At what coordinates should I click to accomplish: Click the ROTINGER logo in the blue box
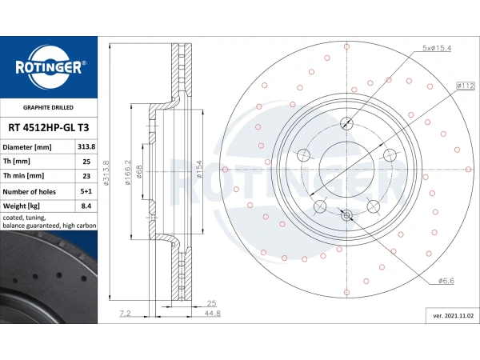click(49, 67)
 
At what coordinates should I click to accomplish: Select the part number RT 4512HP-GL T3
click(49, 127)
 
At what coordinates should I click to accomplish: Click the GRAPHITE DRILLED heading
click(48, 107)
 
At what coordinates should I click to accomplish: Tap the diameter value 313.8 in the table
click(86, 146)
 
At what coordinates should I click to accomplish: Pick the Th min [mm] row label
click(23, 176)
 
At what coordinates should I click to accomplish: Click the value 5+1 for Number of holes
click(86, 191)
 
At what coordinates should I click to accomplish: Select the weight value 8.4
click(86, 206)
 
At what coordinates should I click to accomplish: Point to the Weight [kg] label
click(22, 206)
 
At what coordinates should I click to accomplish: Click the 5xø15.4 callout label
click(437, 48)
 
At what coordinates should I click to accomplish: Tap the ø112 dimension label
click(466, 86)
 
